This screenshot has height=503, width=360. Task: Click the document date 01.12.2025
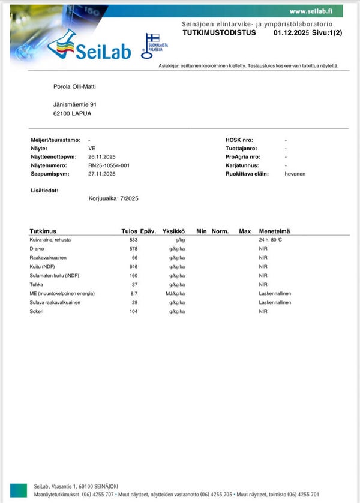[291, 33]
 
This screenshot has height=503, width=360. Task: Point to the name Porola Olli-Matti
[74, 86]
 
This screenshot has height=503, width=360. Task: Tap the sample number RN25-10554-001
[109, 165]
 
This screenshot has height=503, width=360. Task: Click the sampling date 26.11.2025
[101, 156]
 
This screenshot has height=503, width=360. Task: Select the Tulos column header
[130, 231]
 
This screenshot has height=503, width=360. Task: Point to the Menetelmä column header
[274, 231]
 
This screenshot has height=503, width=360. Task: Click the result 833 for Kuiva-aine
[133, 240]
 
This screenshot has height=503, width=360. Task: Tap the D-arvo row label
[38, 248]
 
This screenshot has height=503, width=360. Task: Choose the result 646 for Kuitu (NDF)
[133, 266]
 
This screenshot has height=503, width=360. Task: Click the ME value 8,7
[134, 293]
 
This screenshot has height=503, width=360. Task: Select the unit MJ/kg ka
[175, 293]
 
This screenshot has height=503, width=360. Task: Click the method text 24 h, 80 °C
[270, 240]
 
